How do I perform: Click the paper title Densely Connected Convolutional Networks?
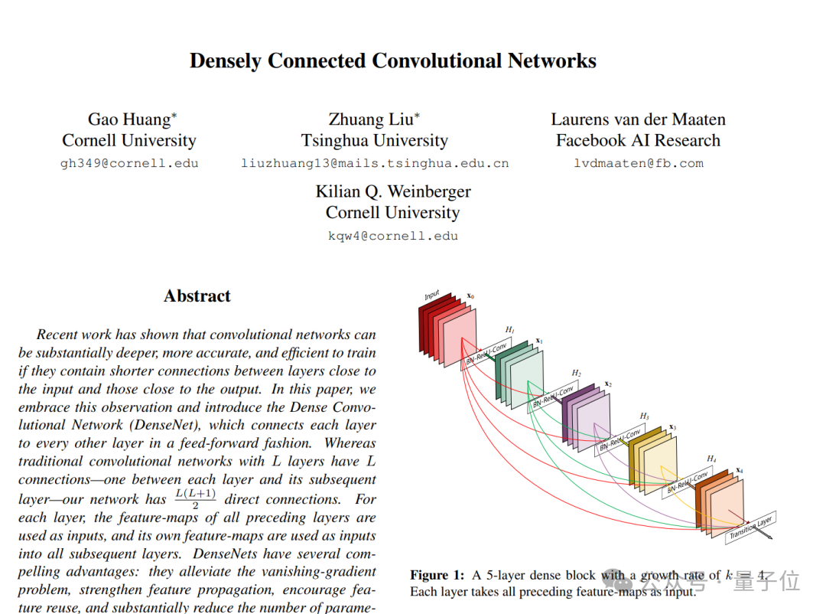point(392,61)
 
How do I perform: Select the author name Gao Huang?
point(130,119)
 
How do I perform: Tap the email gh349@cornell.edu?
point(129,163)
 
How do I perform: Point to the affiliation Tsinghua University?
point(375,141)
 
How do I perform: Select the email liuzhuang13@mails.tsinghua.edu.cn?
point(375,163)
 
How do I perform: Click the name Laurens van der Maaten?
point(638,119)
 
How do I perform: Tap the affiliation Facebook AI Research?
point(638,141)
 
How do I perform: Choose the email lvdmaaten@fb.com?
point(638,163)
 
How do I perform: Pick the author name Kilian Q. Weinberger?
point(393,191)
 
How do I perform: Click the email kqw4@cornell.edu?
point(393,236)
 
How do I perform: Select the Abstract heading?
point(197,296)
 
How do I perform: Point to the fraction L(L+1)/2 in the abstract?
point(194,498)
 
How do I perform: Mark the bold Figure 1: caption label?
point(437,575)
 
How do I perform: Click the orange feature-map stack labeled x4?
point(719,501)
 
